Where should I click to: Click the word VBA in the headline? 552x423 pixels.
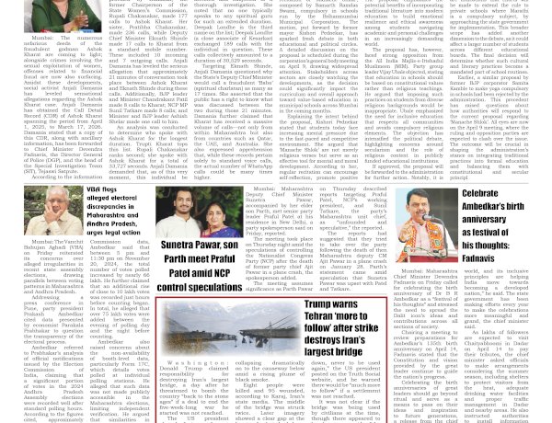(x=94, y=190)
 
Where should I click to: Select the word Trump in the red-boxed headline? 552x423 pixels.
(x=326, y=303)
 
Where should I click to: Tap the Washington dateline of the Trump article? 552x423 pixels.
(x=194, y=363)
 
